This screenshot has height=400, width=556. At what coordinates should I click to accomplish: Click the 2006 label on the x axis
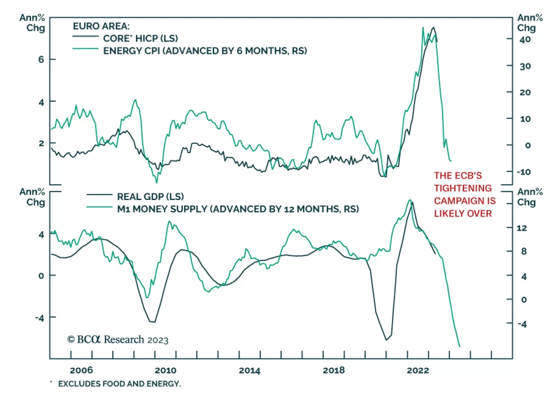(x=81, y=370)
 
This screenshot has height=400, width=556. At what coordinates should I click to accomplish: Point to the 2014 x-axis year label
(x=250, y=370)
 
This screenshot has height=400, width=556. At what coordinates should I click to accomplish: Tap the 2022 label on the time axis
(x=418, y=370)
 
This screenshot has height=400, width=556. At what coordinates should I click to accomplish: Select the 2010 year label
(x=165, y=370)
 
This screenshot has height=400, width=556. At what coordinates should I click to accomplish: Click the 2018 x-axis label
(x=334, y=370)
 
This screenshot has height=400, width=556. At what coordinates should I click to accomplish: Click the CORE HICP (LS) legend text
(x=140, y=38)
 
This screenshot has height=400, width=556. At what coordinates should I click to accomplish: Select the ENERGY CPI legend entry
(x=205, y=51)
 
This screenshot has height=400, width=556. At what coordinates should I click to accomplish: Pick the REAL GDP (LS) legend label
(x=150, y=197)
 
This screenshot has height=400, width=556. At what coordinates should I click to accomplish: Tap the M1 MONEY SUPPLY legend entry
(x=238, y=209)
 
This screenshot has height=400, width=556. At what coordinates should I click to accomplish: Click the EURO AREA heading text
(x=101, y=26)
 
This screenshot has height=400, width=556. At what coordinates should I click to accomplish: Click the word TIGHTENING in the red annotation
(x=463, y=188)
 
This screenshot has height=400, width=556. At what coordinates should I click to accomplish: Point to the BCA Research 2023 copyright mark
(x=118, y=340)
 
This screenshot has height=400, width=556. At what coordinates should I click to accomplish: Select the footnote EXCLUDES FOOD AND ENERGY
(x=119, y=384)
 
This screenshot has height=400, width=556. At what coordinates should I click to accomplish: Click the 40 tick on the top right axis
(x=525, y=39)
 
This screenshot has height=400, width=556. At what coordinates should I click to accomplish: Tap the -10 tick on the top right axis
(x=523, y=172)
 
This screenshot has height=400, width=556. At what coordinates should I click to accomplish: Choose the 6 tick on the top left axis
(x=41, y=59)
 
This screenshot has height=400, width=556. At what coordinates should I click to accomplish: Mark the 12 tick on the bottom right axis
(x=522, y=228)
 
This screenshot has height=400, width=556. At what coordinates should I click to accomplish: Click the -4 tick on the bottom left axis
(x=40, y=318)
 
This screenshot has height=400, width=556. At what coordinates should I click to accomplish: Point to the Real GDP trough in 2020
(x=386, y=340)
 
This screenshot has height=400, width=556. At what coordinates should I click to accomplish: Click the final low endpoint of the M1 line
(x=460, y=346)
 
